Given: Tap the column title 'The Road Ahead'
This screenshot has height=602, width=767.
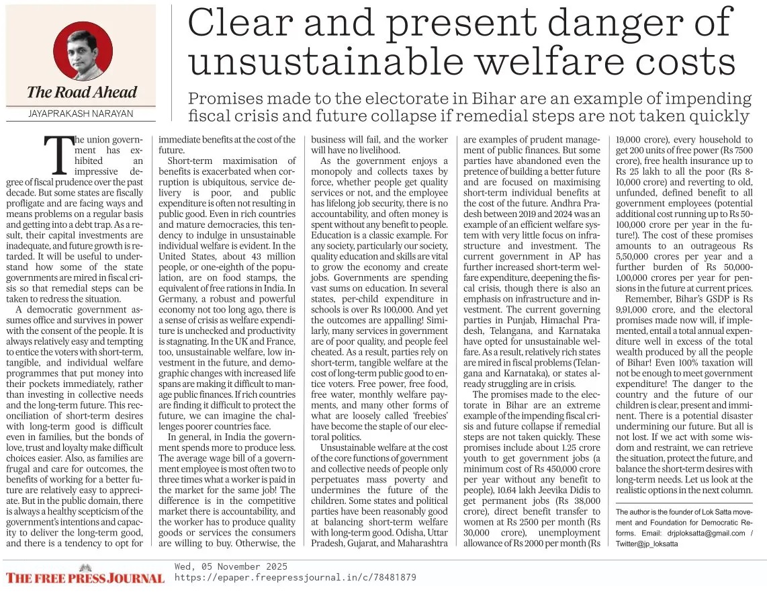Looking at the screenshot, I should [x=81, y=93].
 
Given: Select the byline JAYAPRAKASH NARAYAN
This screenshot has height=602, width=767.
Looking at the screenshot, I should [x=81, y=114].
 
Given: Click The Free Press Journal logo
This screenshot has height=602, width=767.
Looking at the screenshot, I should [x=85, y=578].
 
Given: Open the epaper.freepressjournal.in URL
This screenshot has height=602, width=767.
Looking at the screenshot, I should [x=295, y=577].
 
